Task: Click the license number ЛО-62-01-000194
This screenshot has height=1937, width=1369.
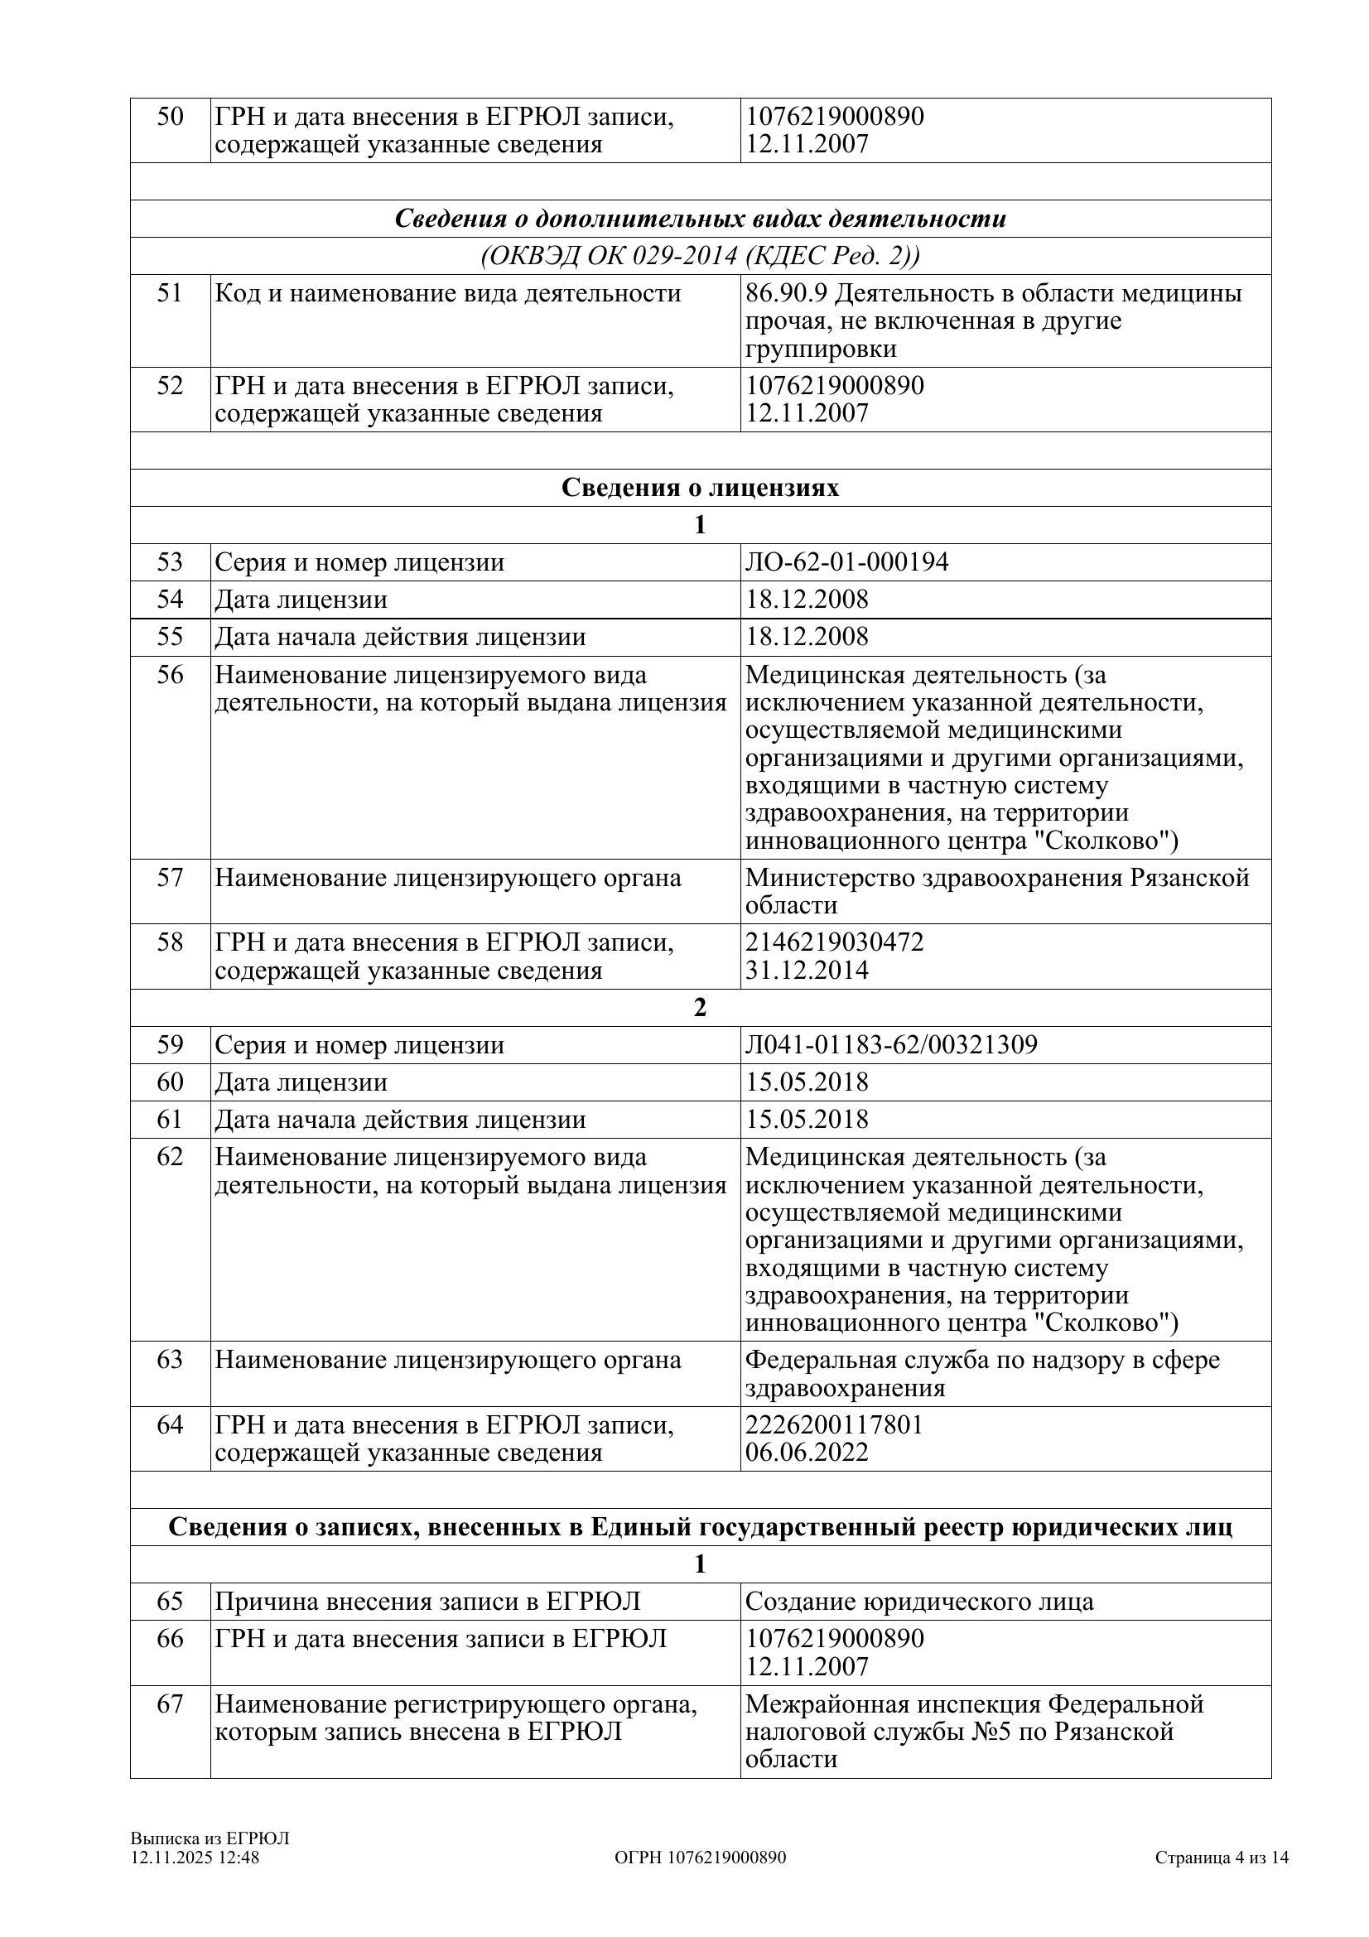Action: tap(846, 561)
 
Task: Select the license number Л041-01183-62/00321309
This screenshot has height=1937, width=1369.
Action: tap(891, 1044)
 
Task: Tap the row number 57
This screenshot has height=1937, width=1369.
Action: tap(170, 877)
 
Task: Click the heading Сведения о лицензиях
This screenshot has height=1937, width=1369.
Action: tap(700, 488)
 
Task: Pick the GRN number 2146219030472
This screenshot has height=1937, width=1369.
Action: tap(834, 942)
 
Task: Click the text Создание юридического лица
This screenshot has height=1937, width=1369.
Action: tap(919, 1602)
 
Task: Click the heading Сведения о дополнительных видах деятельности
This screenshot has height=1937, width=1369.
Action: tap(700, 219)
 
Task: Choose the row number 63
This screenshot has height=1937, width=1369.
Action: tap(170, 1360)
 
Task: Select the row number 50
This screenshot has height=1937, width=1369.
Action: tap(170, 117)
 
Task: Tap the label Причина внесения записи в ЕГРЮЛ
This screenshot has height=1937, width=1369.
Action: tap(427, 1602)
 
